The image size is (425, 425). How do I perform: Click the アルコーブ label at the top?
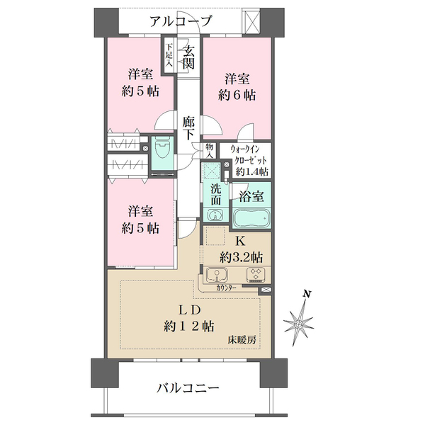pyautogui.click(x=181, y=21)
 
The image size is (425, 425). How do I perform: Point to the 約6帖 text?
pyautogui.click(x=237, y=94)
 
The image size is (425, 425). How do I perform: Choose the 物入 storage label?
pyautogui.click(x=210, y=149)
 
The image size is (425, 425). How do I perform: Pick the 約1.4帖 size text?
pyautogui.click(x=252, y=172)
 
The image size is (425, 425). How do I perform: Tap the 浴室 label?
pyautogui.click(x=251, y=194)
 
